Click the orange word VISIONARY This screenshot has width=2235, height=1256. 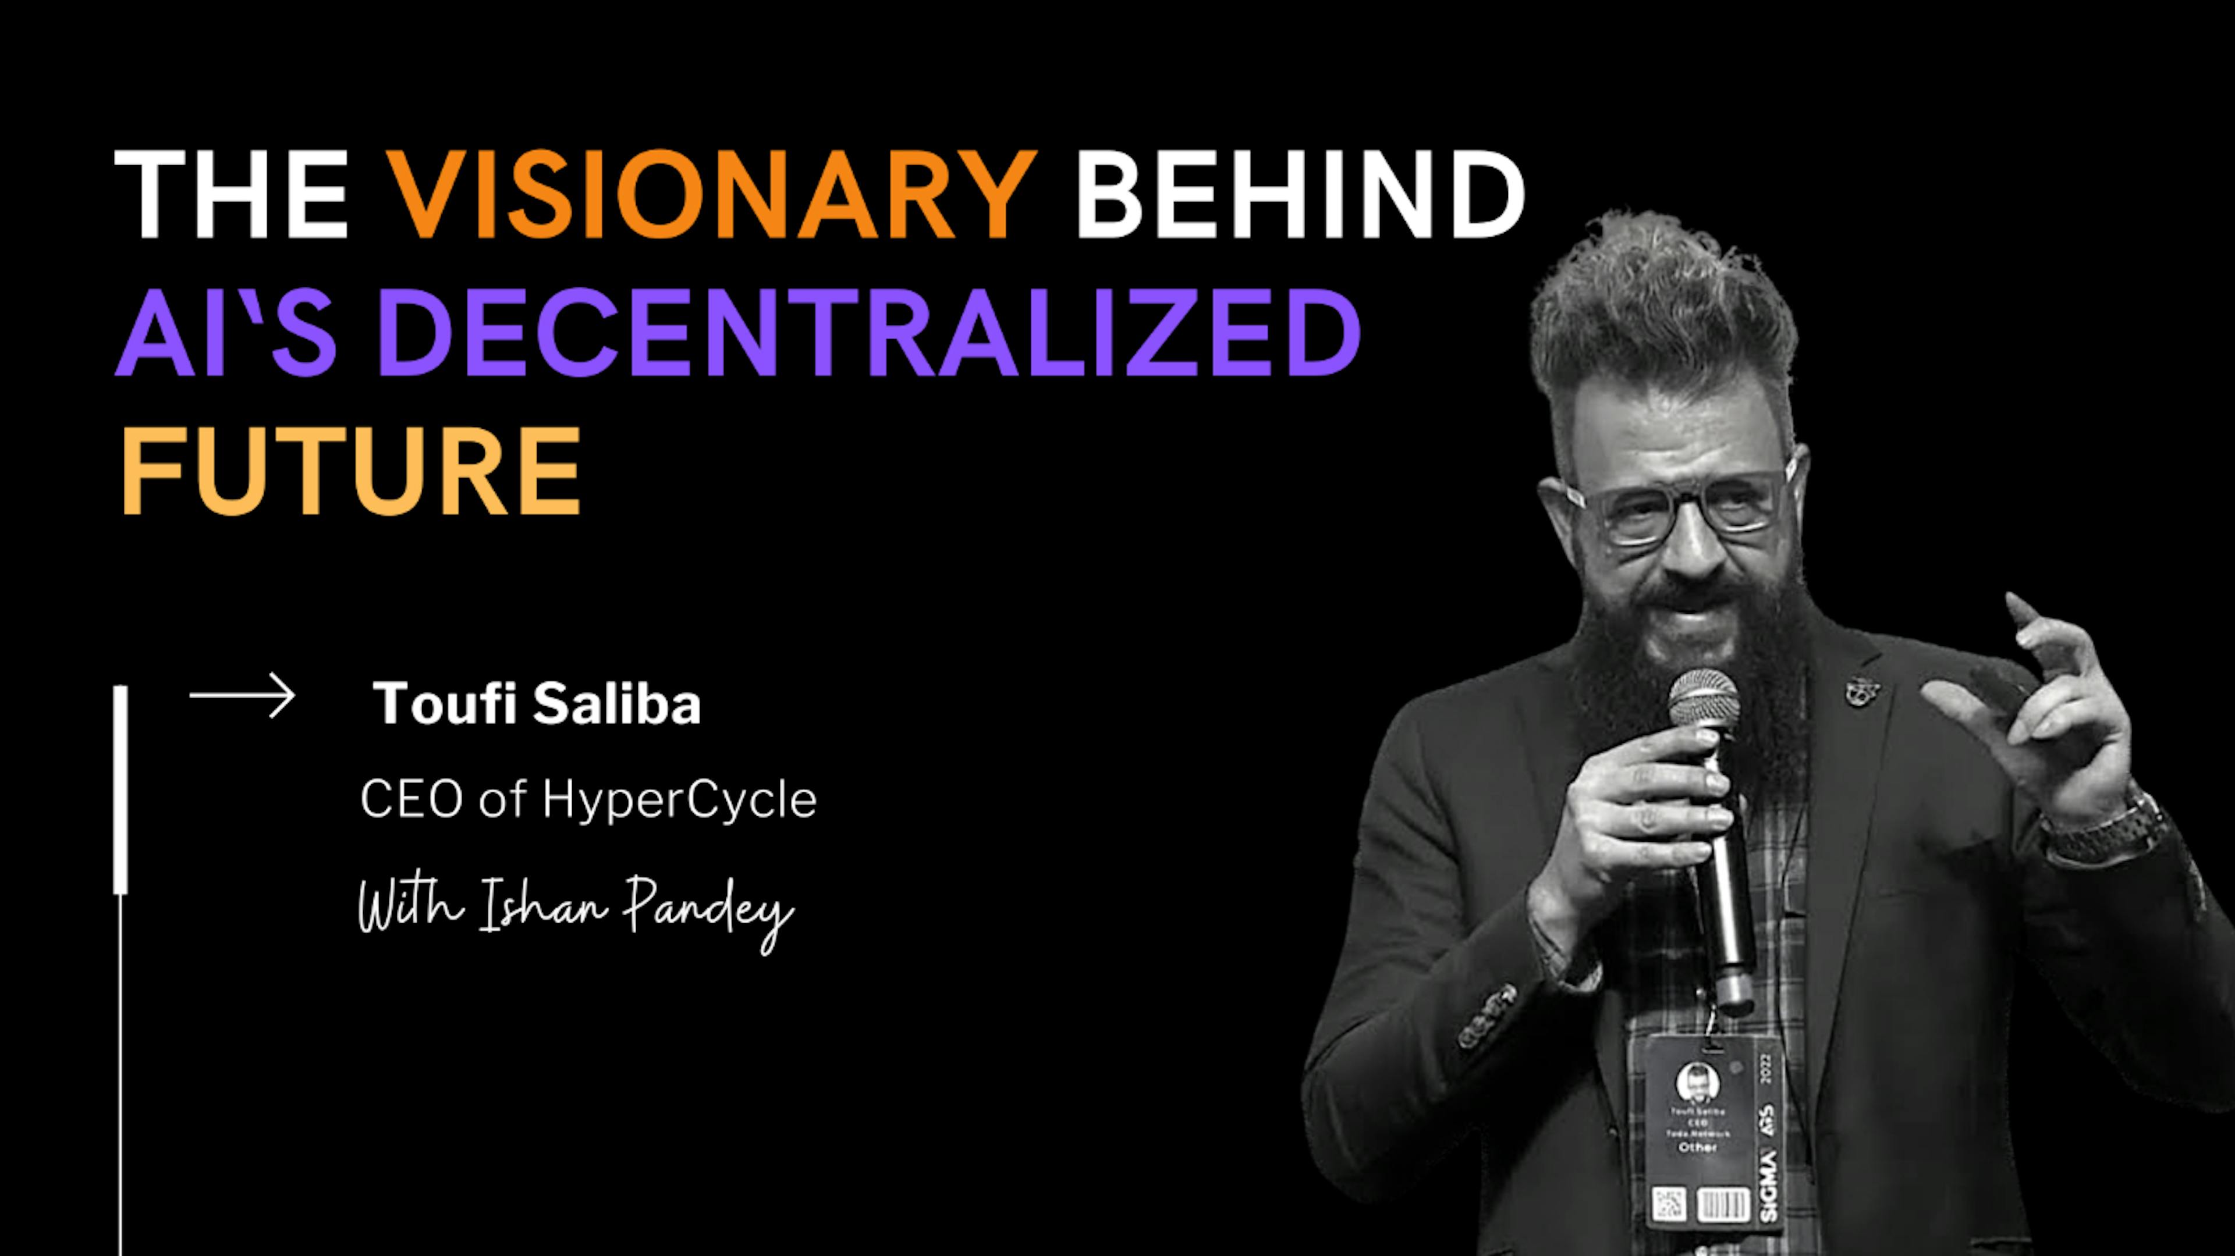(711, 194)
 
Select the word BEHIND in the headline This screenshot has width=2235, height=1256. (1300, 194)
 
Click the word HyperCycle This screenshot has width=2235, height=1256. (679, 799)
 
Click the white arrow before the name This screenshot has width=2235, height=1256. (242, 696)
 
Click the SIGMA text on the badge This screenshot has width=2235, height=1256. (1768, 1187)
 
